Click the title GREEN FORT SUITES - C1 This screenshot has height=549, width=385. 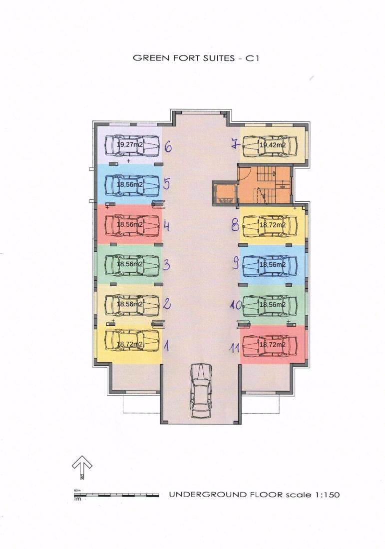click(196, 58)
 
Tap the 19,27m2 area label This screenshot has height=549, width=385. click(129, 144)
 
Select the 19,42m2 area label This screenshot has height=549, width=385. click(272, 145)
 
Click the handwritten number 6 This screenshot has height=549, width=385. click(168, 147)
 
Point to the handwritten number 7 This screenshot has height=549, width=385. click(236, 143)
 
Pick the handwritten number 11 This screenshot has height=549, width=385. click(234, 348)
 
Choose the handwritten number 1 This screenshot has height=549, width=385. click(167, 346)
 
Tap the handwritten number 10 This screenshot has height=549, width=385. click(236, 305)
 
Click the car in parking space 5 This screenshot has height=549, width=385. click(132, 184)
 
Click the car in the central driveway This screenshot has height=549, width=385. click(201, 390)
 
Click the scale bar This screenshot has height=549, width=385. click(116, 495)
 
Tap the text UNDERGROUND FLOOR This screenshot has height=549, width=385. click(226, 495)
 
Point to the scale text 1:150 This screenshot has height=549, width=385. click(328, 495)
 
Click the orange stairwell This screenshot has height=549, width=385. click(265, 184)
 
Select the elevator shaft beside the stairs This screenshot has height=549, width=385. click(225, 192)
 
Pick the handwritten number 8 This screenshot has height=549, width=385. click(235, 225)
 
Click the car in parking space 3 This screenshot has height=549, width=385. click(132, 264)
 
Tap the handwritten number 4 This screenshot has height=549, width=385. click(167, 226)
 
